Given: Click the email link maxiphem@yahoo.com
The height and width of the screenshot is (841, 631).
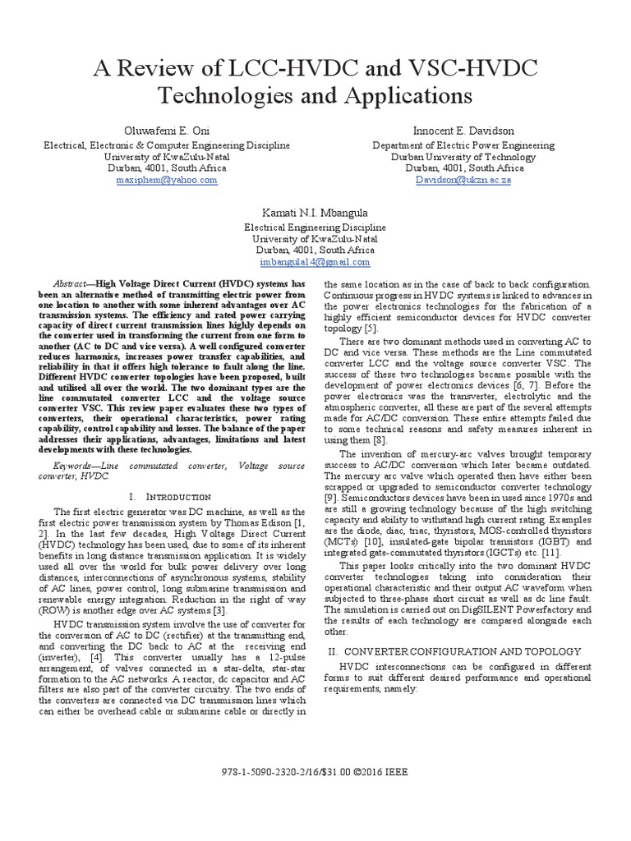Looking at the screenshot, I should (x=174, y=179).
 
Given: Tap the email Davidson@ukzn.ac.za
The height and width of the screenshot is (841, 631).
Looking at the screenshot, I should (x=463, y=179).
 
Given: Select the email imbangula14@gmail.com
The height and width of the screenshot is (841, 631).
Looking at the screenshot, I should (x=315, y=262).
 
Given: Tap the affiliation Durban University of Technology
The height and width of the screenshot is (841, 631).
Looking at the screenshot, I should (x=463, y=156).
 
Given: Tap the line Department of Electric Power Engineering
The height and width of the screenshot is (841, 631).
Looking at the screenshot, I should (x=463, y=145).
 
